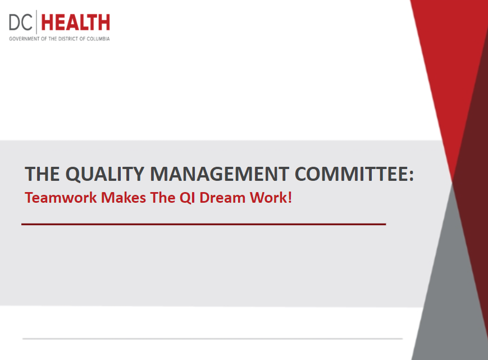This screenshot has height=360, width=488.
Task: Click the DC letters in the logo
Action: (x=21, y=22)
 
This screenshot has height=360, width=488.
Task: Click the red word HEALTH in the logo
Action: (x=76, y=22)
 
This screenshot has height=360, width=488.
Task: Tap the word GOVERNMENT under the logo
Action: (x=24, y=39)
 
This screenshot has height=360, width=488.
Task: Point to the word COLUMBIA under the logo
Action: (x=98, y=39)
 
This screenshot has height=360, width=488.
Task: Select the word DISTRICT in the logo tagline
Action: (x=68, y=39)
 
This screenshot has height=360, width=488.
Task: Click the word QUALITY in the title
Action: (x=105, y=174)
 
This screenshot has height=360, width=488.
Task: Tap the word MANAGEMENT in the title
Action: (x=220, y=174)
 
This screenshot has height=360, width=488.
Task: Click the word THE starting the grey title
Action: (x=42, y=174)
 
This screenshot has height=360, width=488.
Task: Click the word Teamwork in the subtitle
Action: (x=61, y=198)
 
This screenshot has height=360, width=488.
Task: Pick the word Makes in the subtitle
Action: (x=124, y=198)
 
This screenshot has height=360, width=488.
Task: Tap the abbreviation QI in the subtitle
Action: (x=187, y=198)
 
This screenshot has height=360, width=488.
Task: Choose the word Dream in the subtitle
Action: (x=222, y=198)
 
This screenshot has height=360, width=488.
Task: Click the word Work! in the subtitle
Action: (x=271, y=198)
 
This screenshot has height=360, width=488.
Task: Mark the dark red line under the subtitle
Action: (x=203, y=224)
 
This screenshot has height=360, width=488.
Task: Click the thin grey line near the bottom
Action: (x=213, y=339)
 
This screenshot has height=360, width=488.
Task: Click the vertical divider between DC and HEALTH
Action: (x=37, y=22)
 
